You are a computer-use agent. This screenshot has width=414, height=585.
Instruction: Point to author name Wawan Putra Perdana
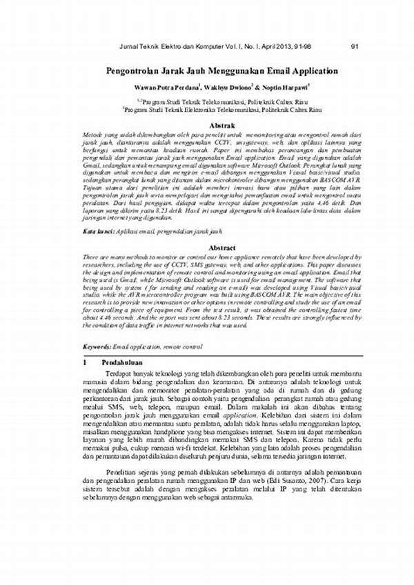166,88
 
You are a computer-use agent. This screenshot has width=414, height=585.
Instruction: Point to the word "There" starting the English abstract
91,255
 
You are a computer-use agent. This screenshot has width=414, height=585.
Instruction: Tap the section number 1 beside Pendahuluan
84,361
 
